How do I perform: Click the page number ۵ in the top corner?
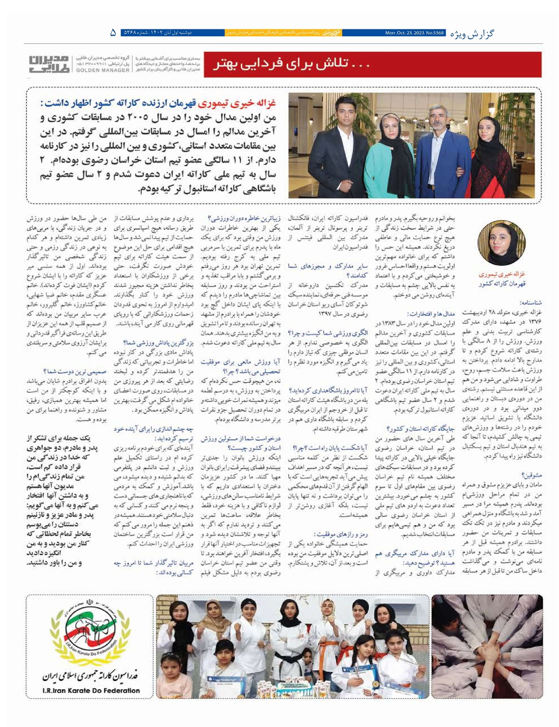[x=113, y=33]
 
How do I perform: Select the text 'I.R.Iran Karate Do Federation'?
[x=90, y=690]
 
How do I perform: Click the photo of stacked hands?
[x=488, y=648]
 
